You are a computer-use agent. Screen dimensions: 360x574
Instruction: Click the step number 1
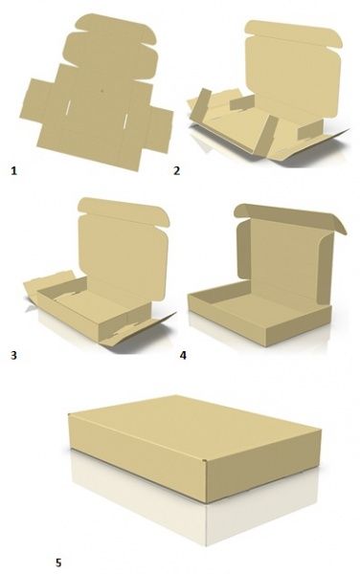[x=14, y=170]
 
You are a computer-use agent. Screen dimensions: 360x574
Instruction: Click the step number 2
[x=176, y=170]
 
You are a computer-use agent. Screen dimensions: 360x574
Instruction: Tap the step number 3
[x=13, y=355]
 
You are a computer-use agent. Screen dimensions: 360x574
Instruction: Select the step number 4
[x=183, y=355]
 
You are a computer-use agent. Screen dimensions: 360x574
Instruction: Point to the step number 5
[x=58, y=563]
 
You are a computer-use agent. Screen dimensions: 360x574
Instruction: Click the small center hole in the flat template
[x=102, y=91]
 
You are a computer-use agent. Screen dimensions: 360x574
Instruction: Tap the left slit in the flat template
[x=68, y=108]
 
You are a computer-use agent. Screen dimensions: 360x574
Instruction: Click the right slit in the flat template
[x=125, y=121]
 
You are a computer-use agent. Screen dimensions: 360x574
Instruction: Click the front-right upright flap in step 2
[x=266, y=135]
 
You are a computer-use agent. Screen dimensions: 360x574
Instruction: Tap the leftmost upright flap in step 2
[x=200, y=105]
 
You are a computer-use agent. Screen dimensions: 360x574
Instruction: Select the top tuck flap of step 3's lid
[x=124, y=211]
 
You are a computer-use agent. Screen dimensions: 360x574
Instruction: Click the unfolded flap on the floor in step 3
[x=137, y=328]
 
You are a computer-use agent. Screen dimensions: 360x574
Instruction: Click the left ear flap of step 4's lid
[x=243, y=249]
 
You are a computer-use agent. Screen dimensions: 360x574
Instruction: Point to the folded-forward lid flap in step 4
[x=289, y=217]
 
